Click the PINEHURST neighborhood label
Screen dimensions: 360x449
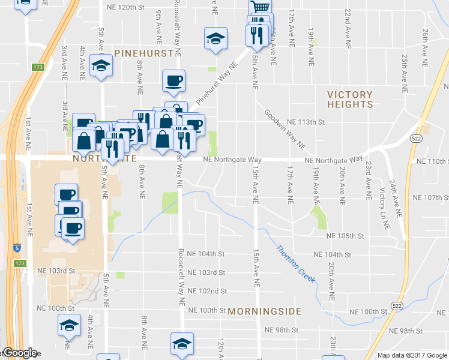click(144, 52)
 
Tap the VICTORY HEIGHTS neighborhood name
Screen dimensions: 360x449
click(350, 100)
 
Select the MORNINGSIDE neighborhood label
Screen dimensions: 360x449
click(264, 311)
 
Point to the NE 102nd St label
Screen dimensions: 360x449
click(207, 291)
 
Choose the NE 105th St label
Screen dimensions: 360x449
click(345, 236)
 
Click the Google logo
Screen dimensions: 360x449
click(20, 353)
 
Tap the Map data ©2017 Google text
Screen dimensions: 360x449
click(411, 355)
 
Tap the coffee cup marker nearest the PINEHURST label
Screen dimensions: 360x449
click(173, 80)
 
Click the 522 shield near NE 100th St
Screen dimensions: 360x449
click(380, 306)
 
